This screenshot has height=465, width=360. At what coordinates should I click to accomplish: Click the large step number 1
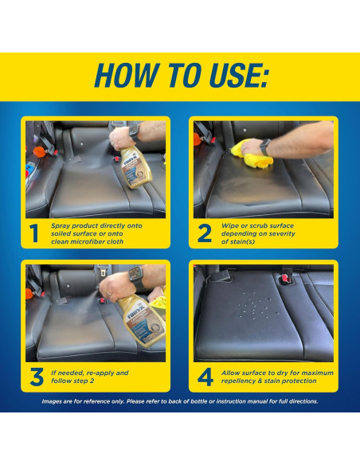[x=34, y=233]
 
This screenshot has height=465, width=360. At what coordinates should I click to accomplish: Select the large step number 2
[x=205, y=233]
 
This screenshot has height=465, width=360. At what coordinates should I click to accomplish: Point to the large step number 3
[x=37, y=377]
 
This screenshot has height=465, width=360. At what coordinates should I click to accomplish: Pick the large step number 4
[x=205, y=377]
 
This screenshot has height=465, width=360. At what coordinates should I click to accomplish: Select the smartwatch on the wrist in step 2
[x=264, y=147]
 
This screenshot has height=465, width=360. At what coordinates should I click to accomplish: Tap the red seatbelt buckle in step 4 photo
[x=285, y=279]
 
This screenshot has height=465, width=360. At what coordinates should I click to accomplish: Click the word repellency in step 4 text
[x=239, y=381]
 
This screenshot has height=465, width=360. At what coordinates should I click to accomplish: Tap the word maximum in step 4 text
[x=317, y=373]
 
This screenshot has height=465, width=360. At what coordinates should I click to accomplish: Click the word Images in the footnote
[x=51, y=401]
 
